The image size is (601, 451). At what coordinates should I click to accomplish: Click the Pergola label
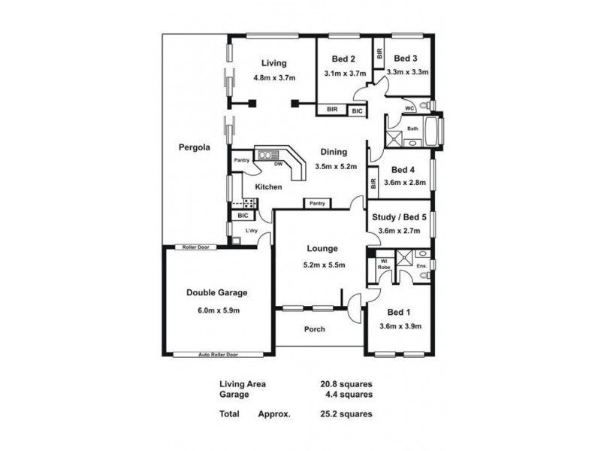coord(193,147)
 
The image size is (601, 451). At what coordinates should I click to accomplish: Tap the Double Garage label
coord(217,293)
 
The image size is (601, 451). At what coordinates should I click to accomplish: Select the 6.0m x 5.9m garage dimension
coord(217,310)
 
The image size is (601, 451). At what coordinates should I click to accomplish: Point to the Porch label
coord(314,329)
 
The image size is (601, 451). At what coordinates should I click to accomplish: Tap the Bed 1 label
coord(399,311)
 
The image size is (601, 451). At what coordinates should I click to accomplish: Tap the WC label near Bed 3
coord(410,108)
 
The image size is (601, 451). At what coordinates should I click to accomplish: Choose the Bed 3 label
coord(406,59)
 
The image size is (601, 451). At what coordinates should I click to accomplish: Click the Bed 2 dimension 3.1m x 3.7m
coord(344,73)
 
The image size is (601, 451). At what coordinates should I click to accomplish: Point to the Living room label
coord(273,63)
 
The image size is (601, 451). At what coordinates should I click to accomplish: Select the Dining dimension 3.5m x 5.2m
coord(335,166)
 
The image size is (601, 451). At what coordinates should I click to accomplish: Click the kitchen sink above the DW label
coord(266,156)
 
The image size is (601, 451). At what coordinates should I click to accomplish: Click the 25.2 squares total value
coord(346,413)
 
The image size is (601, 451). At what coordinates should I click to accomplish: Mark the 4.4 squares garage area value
coord(346,393)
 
